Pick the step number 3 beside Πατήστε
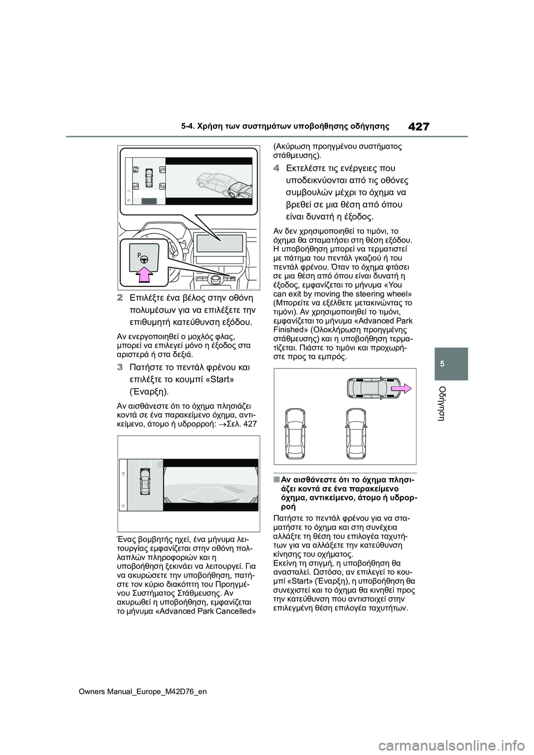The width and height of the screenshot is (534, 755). tap(120, 367)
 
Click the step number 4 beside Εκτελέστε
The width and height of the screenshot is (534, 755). tap(276, 168)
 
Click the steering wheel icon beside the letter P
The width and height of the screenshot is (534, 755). tap(144, 259)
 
